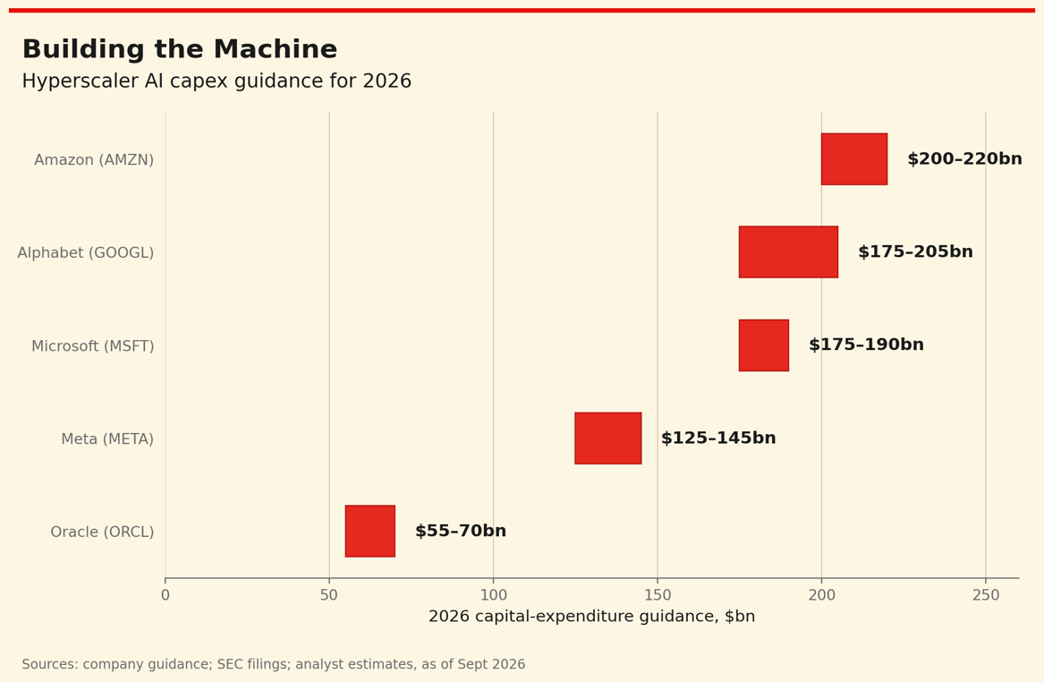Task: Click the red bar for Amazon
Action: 854,159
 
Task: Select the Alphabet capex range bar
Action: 788,251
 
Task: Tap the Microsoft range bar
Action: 764,345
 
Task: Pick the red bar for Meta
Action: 608,439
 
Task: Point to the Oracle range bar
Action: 370,531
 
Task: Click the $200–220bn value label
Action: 964,159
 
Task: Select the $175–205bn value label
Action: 915,251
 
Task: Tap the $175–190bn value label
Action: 866,345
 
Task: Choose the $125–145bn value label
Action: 718,439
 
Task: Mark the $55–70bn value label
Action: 461,531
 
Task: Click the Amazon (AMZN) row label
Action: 94,160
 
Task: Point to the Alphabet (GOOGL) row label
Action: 86,253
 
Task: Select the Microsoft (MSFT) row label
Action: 92,346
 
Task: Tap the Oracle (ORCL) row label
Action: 102,533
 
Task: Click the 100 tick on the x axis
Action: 493,595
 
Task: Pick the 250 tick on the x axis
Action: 986,595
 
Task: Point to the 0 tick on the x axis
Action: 166,595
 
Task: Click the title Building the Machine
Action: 180,49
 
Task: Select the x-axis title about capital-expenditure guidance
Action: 592,617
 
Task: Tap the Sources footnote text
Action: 274,664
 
